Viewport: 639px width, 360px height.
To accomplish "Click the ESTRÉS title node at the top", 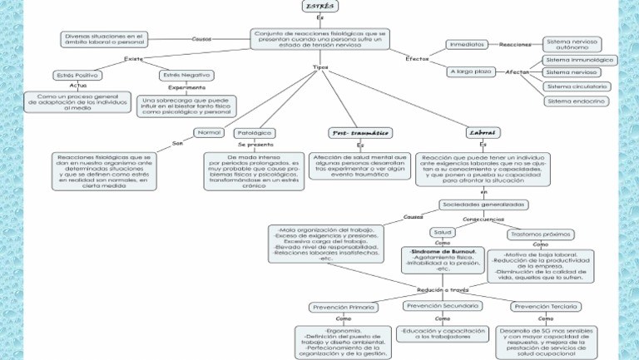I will (x=319, y=7).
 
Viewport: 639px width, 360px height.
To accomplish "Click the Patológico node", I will (x=255, y=132).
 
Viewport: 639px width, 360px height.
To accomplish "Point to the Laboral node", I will (x=483, y=132).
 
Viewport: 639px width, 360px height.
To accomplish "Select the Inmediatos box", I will (x=467, y=44).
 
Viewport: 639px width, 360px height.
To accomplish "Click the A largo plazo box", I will (x=472, y=72).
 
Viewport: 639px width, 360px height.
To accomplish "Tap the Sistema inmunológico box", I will (x=580, y=60).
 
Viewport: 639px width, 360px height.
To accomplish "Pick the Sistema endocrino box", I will (x=576, y=101).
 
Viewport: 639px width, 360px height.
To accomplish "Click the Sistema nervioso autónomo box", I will (x=572, y=44).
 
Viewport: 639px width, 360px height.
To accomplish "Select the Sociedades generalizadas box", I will (x=483, y=204).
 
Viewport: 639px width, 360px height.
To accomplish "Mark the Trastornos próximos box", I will (x=540, y=234).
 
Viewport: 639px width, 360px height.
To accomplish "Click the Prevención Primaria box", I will (x=343, y=307).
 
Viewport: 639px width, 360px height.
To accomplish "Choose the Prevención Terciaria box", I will (x=545, y=306).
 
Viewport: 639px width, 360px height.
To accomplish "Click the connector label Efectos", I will (x=418, y=59).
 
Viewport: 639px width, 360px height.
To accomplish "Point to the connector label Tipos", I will (x=319, y=67).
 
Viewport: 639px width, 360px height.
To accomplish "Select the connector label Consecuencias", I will (x=483, y=219).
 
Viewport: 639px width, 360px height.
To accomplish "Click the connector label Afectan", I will (x=518, y=72).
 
